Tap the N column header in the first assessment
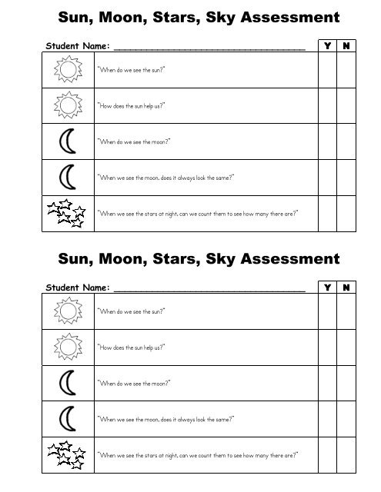[x=347, y=46]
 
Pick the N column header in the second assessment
[x=347, y=288]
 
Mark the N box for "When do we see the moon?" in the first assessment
[x=347, y=142]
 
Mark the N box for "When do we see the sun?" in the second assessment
[x=347, y=311]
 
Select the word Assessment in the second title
[x=278, y=258]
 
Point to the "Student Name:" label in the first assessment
[x=77, y=47]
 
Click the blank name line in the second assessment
[x=209, y=289]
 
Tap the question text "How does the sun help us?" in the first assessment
[x=131, y=106]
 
